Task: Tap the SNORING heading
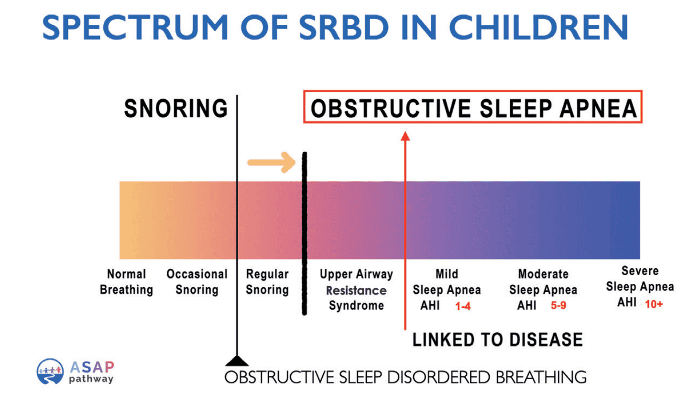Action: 175,108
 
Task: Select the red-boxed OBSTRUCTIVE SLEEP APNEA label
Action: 473,108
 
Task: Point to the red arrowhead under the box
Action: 405,136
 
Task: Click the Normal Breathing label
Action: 126,282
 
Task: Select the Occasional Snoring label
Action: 197,282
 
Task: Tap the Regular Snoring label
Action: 267,282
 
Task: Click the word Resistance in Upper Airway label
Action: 356,291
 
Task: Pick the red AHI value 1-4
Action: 462,306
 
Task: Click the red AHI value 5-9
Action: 558,305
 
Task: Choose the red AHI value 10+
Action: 654,304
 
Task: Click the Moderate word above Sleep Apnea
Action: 543,274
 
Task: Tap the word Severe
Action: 640,271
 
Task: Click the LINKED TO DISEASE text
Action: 497,340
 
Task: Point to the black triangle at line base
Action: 237,361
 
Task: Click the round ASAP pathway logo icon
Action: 50,371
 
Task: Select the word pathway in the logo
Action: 91,379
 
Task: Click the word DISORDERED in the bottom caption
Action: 439,377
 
